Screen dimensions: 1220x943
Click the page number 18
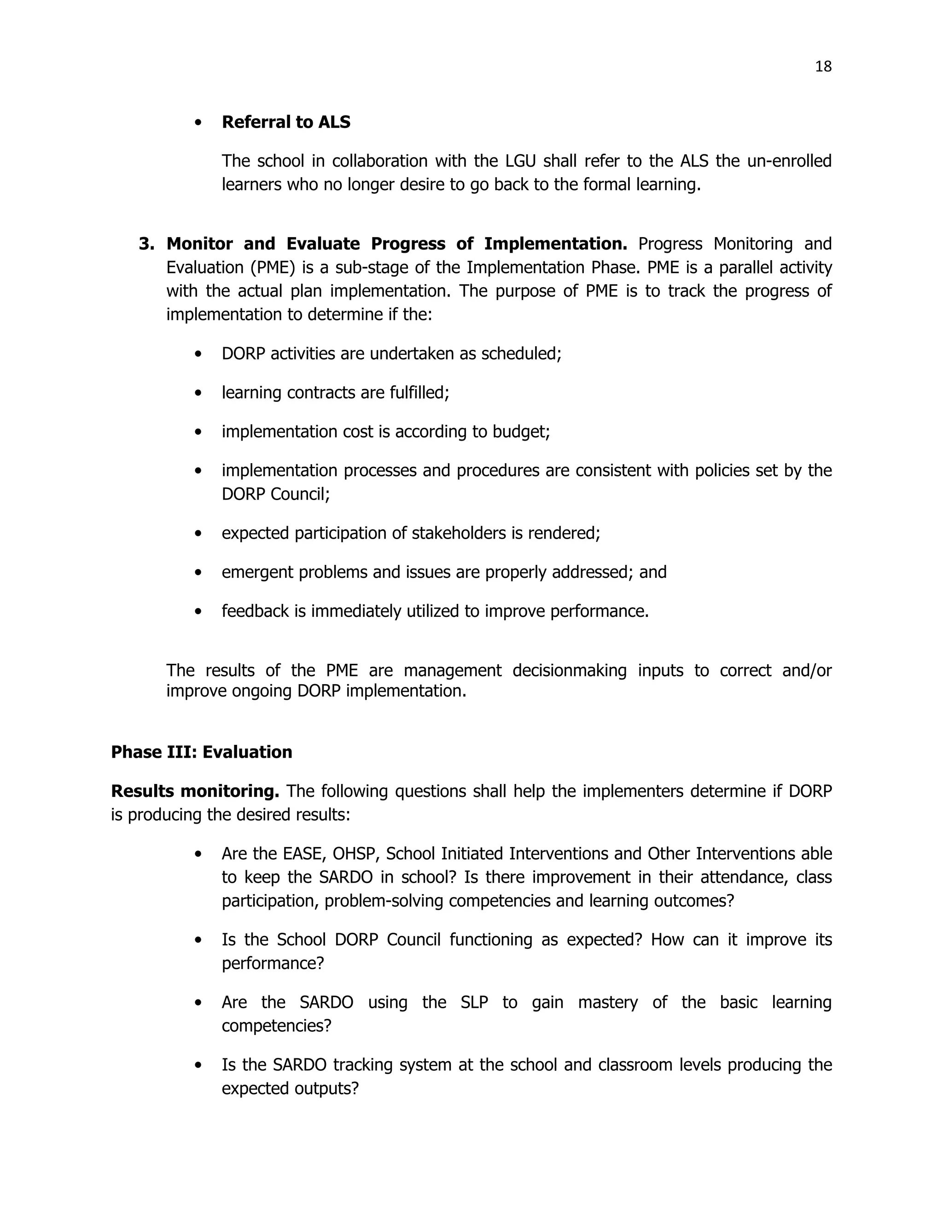tap(823, 66)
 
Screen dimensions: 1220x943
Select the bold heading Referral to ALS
tap(286, 122)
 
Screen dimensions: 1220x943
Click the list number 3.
tap(146, 244)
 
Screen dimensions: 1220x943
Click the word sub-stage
tap(365, 267)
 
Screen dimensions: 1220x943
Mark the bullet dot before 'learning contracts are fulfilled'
tap(198, 393)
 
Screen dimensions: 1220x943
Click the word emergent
tap(257, 573)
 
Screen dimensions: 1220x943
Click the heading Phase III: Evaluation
tap(202, 752)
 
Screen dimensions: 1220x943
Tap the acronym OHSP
tap(355, 854)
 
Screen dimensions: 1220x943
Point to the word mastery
tap(608, 1002)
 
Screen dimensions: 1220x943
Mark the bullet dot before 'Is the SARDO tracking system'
tap(198, 1065)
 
